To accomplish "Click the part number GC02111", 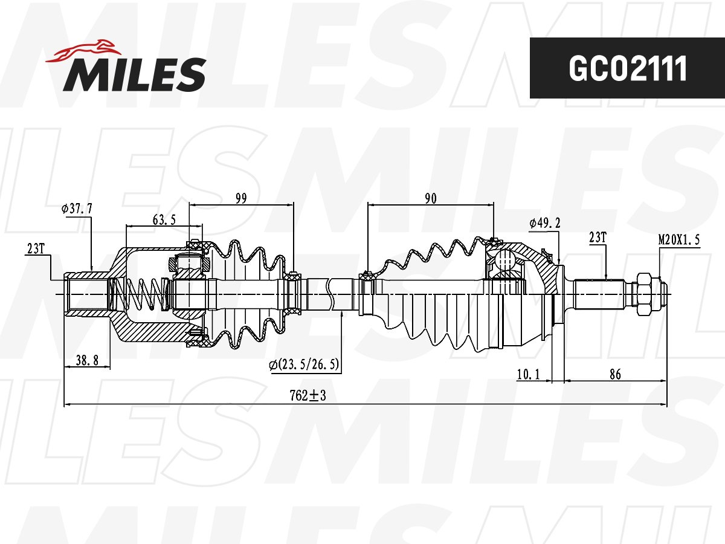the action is (628, 68).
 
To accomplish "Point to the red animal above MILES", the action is (83, 51).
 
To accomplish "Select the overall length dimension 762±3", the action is (308, 395).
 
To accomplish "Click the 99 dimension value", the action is (241, 198).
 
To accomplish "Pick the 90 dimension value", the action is (430, 198).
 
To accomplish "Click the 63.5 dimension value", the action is (164, 219).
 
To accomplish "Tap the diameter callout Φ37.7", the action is (77, 209).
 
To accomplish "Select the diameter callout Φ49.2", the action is (545, 224).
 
